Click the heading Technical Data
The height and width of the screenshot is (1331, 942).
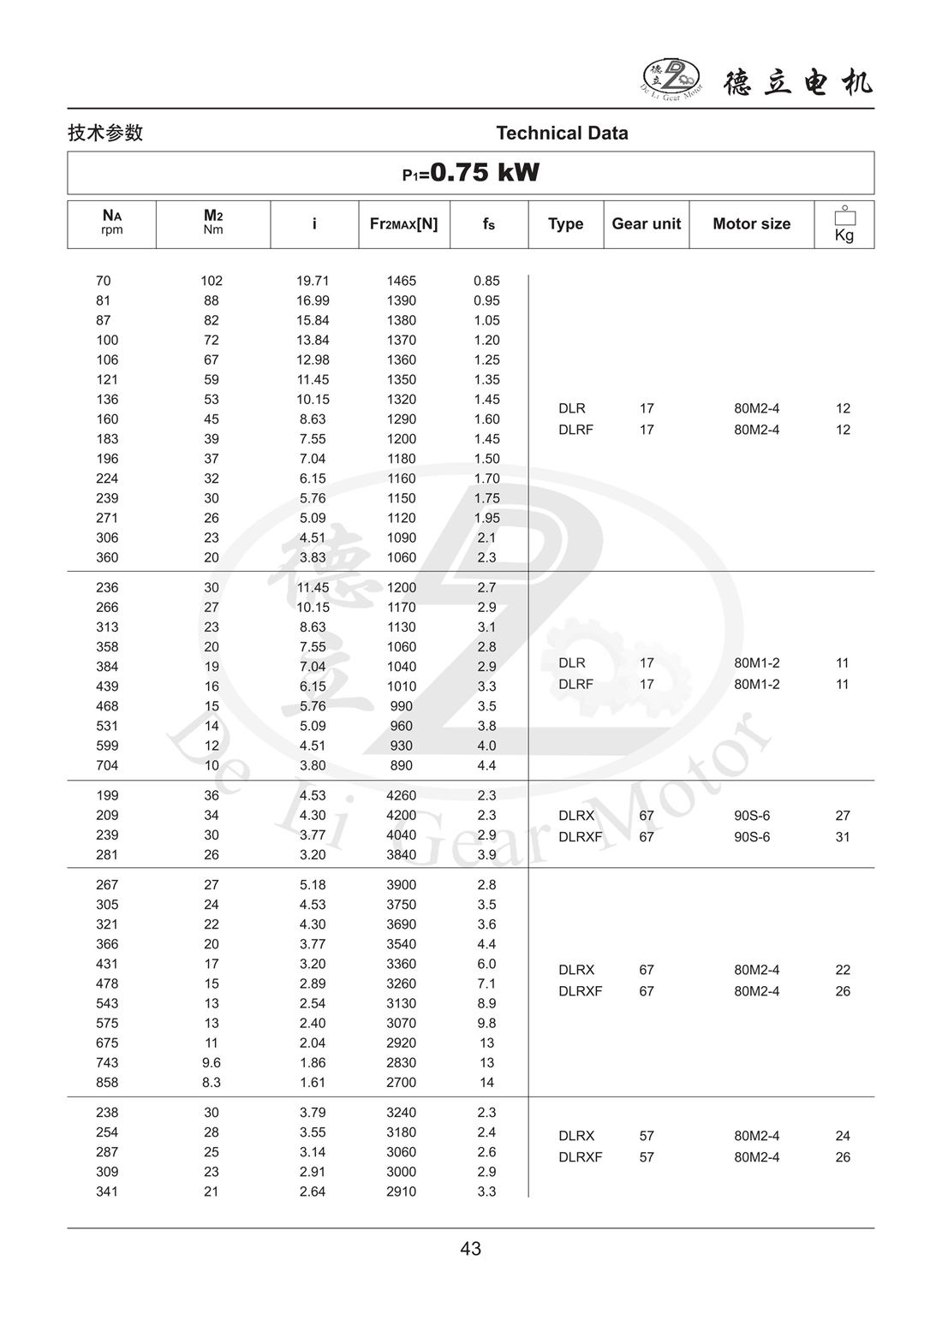pos(562,133)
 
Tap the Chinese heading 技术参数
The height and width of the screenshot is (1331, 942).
pos(105,133)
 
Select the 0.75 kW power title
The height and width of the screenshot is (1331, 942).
pos(471,173)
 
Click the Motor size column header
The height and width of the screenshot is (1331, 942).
pos(751,223)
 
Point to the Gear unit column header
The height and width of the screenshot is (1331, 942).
pos(646,223)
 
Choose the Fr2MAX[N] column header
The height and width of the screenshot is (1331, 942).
pos(403,223)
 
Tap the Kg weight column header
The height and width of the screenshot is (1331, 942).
pos(844,224)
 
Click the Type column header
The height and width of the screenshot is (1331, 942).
pos(565,223)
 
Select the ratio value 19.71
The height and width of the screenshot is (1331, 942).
pos(313,281)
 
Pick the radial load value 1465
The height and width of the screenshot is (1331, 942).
pos(401,281)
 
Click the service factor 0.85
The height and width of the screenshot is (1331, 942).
pos(486,281)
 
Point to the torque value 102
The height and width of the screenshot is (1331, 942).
pos(212,281)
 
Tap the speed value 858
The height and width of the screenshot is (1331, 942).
pos(107,1082)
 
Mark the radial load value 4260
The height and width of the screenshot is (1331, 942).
pos(401,795)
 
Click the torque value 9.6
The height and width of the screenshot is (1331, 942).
pos(212,1062)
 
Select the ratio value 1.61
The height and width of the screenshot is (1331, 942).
pos(313,1082)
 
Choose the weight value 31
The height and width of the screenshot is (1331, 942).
pos(843,837)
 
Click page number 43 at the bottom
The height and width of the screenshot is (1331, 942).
pos(471,1249)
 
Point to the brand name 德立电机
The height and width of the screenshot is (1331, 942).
pos(798,82)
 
